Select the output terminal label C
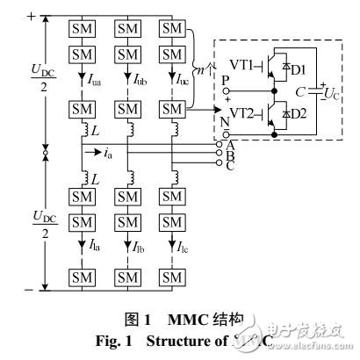231,164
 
